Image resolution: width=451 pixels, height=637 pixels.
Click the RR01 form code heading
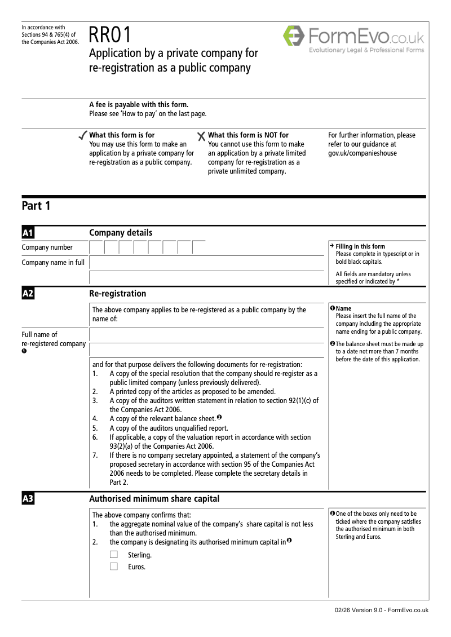(110, 36)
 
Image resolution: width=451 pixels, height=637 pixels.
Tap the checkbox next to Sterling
(114, 555)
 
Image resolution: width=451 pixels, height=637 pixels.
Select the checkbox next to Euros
(114, 567)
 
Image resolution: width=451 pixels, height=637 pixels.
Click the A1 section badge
(28, 233)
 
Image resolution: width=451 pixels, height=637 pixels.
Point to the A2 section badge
(28, 294)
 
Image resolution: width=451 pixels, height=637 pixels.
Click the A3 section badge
(28, 499)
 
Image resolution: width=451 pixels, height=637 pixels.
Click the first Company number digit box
(96, 247)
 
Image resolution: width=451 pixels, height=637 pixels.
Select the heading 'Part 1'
(36, 206)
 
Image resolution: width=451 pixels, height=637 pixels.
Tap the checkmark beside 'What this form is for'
(82, 136)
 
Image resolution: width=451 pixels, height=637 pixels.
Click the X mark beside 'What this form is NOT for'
(201, 136)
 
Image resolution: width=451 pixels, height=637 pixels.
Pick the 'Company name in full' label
(53, 262)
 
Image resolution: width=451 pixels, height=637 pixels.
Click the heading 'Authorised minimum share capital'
(154, 499)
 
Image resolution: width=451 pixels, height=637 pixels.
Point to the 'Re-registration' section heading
(117, 294)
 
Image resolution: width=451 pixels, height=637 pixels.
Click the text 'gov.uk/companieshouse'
(362, 153)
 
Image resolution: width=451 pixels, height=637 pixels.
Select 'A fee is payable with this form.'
(139, 104)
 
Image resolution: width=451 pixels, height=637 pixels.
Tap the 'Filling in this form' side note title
(360, 246)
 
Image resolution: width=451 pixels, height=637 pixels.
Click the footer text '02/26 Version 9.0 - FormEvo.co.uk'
(381, 610)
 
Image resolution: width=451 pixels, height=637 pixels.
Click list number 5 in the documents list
(95, 428)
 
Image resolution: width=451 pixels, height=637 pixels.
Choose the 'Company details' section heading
(121, 233)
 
